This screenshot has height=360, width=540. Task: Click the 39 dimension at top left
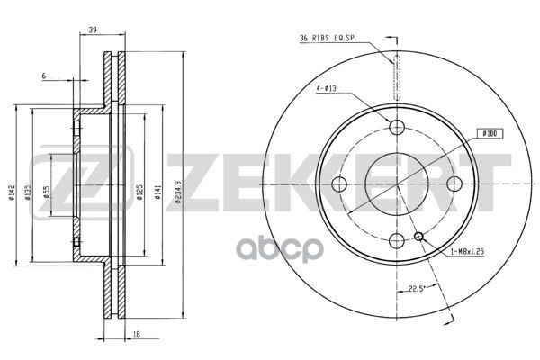tap(94, 31)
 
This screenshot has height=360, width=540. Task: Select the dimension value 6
tap(42, 76)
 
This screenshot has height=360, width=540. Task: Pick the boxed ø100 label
tap(491, 133)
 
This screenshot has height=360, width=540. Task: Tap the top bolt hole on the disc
tap(396, 127)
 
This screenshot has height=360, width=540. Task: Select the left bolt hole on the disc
tap(339, 184)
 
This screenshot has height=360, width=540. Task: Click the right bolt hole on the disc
tap(454, 184)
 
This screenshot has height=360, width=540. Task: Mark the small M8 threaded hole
tap(418, 237)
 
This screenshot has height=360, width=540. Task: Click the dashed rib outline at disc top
tap(396, 78)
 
